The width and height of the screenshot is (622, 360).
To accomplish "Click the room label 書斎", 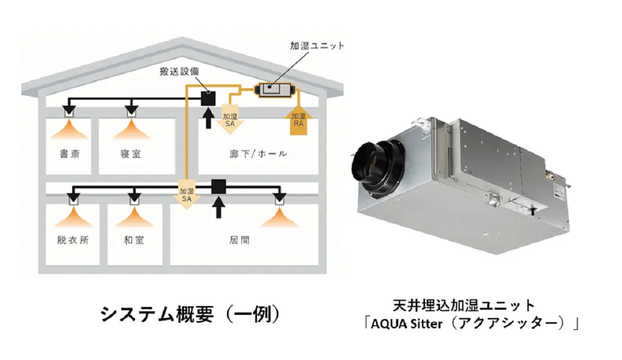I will tap(69, 154).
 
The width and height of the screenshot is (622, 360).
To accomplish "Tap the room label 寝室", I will tap(130, 154).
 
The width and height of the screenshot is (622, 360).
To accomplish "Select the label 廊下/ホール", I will tap(258, 154).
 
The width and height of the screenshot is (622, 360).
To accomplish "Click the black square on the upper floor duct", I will tap(208, 96).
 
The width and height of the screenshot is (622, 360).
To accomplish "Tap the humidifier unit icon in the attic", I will tap(275, 90).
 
